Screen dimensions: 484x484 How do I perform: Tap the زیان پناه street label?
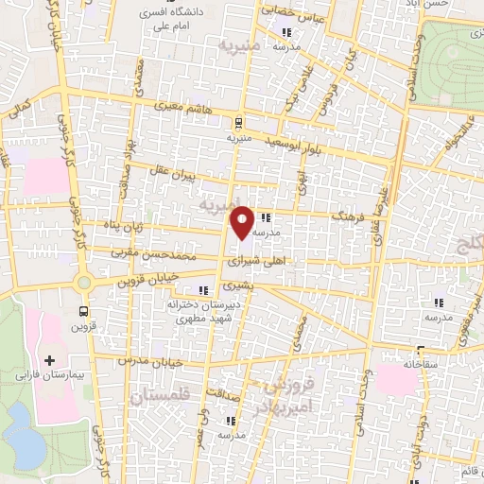[123, 227]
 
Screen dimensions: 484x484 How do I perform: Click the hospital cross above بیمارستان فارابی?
[49, 359]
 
